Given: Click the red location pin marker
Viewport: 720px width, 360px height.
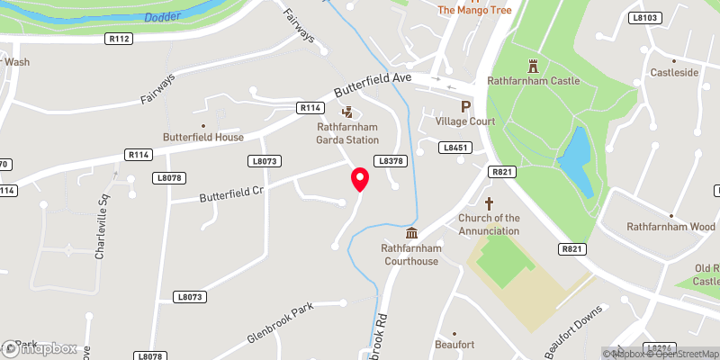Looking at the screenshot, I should click(x=360, y=179).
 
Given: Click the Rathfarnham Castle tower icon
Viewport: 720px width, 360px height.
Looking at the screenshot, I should click(x=533, y=66).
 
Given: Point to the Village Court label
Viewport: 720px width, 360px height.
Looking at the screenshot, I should click(x=465, y=121).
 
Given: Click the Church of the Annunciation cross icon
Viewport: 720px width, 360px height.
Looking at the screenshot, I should click(x=490, y=203).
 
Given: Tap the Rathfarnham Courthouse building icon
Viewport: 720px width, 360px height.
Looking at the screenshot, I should click(x=410, y=233).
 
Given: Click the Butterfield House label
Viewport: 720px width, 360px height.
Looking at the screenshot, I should click(x=203, y=137).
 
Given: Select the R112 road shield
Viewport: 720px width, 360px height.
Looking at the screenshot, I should click(x=119, y=39).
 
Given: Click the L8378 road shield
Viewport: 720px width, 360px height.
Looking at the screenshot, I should click(x=389, y=159).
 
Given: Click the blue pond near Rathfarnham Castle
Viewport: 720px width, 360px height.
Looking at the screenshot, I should click(x=576, y=162).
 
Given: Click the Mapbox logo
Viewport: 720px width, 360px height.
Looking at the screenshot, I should click(x=39, y=348).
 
